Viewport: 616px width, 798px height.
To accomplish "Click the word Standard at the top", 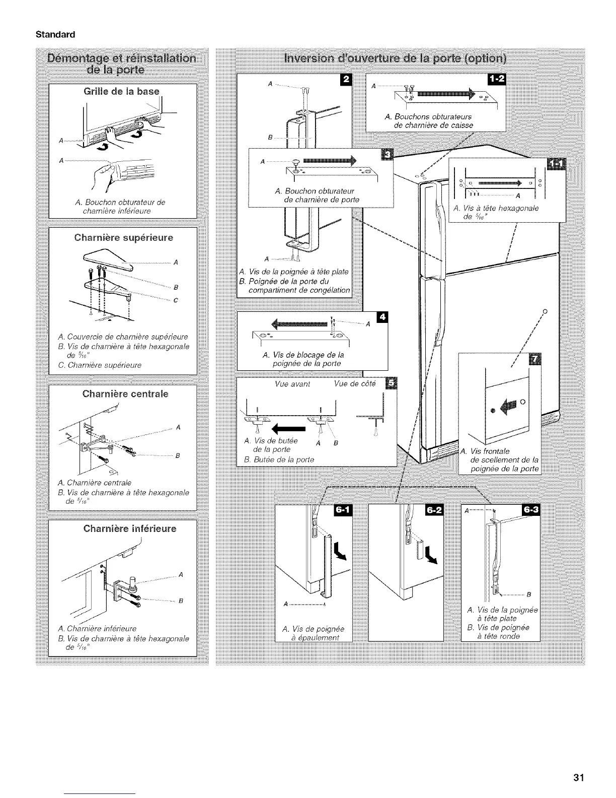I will coord(55,35).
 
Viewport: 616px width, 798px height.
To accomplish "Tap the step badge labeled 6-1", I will coord(343,510).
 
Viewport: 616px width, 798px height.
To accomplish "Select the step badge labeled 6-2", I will coord(433,510).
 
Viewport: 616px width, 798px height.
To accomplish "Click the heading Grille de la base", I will coord(121,91).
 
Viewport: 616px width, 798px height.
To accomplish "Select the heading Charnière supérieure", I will coord(123,237).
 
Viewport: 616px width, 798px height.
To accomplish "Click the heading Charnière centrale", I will coord(125,393).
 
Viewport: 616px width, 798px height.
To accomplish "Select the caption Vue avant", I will coord(292,384).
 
